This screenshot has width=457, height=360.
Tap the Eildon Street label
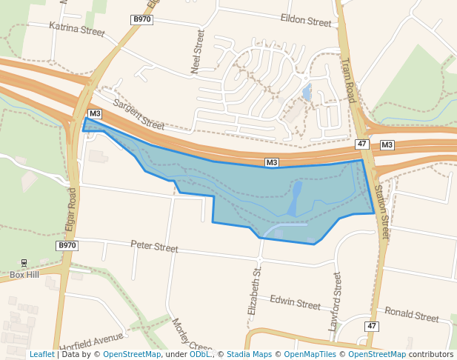306,21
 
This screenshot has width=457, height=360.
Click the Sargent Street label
139,117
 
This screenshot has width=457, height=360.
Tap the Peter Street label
154,247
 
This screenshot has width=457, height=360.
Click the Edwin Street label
295,302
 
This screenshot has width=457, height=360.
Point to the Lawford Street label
336,301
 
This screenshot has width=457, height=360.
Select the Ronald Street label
412,315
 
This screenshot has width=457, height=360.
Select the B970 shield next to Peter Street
67,245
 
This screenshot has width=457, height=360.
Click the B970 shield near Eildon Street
142,19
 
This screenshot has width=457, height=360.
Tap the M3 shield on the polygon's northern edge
272,162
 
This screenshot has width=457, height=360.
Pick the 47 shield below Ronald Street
371,326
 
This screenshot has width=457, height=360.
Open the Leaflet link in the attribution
42,354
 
